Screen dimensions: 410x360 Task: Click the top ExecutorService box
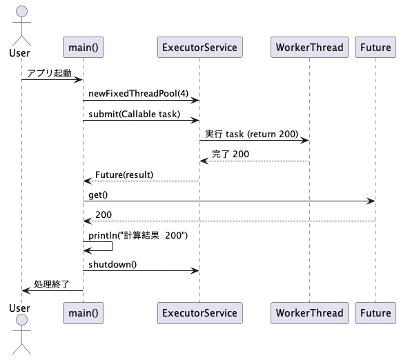200,48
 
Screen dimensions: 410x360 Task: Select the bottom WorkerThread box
310,313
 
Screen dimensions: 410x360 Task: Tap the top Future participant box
375,48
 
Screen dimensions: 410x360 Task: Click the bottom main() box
83,313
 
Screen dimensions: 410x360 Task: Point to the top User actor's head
21,12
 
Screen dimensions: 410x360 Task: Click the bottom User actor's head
21,320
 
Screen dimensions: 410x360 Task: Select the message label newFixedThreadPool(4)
138,94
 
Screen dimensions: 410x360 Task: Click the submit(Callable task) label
134,114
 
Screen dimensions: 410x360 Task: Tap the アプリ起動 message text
50,73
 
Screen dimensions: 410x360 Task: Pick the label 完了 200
231,154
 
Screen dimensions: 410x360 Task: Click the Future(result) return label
124,174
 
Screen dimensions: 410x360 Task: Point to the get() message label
98,195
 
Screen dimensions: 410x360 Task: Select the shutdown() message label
113,264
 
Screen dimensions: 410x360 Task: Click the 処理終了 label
52,284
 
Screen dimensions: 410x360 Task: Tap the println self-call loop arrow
112,246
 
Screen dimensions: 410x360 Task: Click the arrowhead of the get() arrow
371,201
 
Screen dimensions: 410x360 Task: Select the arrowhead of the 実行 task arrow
305,141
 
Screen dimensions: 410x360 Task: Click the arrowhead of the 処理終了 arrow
26,290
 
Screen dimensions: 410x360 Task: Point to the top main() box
83,48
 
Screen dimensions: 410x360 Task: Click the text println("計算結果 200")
138,235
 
